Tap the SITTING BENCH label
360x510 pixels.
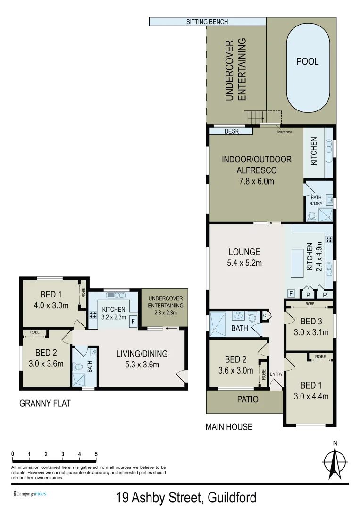207,22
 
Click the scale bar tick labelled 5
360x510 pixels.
96,454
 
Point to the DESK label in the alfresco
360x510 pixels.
231,132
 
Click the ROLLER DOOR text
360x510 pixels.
285,132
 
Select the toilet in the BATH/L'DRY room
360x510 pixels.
311,216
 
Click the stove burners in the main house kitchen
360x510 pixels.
329,239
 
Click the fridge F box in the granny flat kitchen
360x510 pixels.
133,323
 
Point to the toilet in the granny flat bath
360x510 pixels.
78,366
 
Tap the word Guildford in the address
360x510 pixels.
230,498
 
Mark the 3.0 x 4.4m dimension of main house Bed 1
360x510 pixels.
308,396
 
